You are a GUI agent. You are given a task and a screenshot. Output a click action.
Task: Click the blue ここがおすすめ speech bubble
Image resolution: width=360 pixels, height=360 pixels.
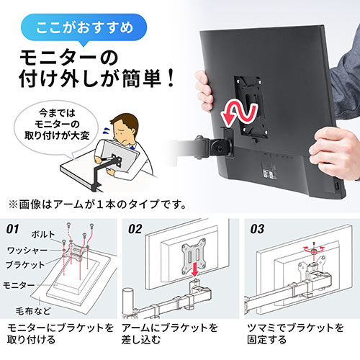tap(84, 28)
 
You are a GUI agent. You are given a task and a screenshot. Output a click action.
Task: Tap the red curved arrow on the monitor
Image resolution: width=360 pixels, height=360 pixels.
tap(239, 113)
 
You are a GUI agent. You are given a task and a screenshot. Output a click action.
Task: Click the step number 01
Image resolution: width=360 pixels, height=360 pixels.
tap(13, 229)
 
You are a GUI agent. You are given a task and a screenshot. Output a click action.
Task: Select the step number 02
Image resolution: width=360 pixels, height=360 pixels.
tap(135, 229)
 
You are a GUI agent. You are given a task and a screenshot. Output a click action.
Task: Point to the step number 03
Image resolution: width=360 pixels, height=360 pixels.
tap(257, 229)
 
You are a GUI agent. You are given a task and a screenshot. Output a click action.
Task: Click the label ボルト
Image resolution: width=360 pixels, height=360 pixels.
tap(43, 235)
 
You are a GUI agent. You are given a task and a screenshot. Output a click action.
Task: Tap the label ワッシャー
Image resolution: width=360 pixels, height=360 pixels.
tap(27, 251)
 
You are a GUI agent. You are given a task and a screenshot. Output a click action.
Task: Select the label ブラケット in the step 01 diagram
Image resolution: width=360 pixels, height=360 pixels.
tap(25, 265)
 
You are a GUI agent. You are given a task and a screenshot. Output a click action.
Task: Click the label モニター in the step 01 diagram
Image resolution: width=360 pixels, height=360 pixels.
tap(19, 285)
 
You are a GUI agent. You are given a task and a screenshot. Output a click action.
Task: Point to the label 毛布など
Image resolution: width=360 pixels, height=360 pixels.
tap(33, 311)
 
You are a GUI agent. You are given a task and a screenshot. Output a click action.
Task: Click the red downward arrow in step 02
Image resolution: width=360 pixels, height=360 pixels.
tap(195, 269)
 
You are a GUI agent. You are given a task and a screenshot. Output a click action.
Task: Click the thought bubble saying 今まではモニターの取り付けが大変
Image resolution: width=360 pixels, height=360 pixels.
tap(56, 125)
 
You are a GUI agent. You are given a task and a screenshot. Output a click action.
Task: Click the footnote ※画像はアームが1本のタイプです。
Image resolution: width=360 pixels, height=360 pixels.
tap(97, 204)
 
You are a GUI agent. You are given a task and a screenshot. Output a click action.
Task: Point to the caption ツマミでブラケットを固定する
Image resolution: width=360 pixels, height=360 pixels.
tap(295, 333)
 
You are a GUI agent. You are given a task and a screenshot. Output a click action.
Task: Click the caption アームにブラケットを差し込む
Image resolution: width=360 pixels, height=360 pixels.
tap(169, 333)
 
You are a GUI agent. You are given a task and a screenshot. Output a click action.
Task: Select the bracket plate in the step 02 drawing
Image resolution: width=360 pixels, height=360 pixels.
tap(194, 256)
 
